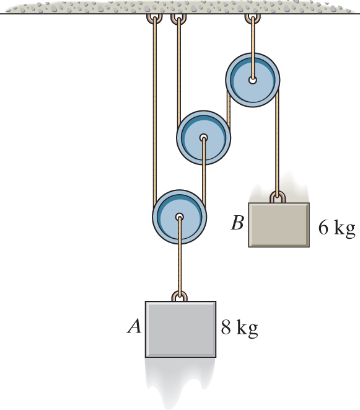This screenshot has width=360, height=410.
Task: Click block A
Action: click(180, 329)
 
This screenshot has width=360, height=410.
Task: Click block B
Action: click(279, 225)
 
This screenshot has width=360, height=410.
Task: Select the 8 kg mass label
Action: click(239, 327)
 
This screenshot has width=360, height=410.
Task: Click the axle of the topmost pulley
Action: click(253, 79)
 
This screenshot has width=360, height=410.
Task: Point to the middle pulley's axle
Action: click(203, 138)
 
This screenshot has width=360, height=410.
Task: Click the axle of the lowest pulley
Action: click(179, 218)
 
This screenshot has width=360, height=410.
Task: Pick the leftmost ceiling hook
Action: click(152, 19)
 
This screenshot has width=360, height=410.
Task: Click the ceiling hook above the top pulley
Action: click(252, 19)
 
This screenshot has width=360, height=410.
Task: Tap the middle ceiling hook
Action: click(178, 19)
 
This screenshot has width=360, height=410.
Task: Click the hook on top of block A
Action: click(180, 296)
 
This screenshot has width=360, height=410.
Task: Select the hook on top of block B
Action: click(278, 198)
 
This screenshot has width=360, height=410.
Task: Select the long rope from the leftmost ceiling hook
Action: click(152, 112)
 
